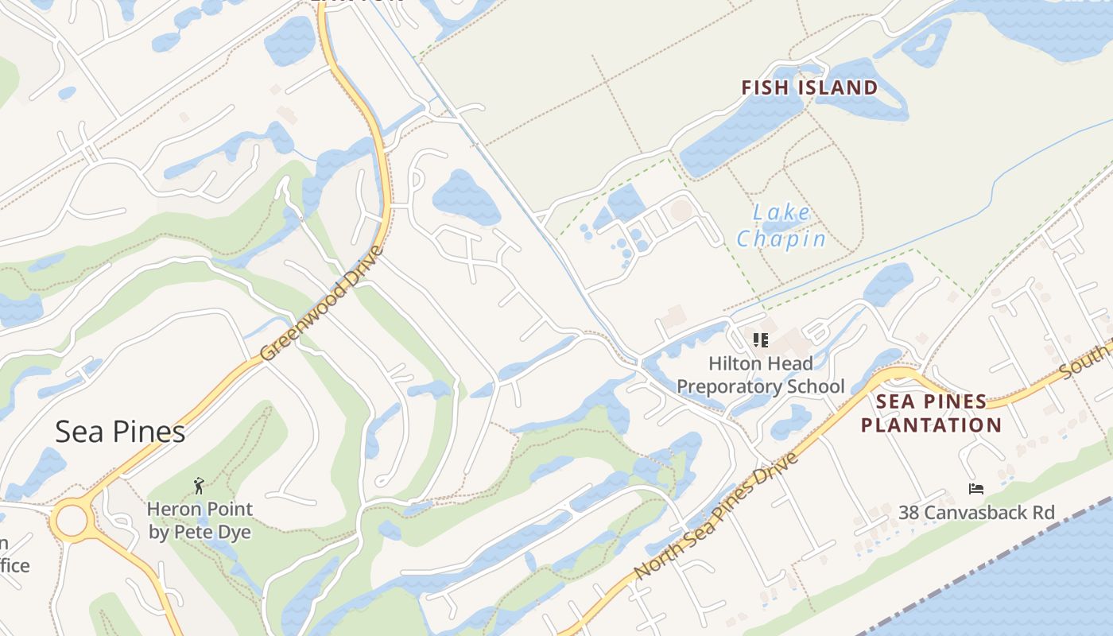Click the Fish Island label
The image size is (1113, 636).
pyautogui.click(x=809, y=87)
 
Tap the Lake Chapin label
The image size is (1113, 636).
pyautogui.click(x=781, y=226)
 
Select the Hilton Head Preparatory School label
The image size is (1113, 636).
pyautogui.click(x=761, y=375)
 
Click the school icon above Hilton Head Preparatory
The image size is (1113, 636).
pyautogui.click(x=761, y=340)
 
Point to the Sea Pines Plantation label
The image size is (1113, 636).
pyautogui.click(x=931, y=413)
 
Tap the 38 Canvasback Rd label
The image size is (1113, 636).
pyautogui.click(x=977, y=513)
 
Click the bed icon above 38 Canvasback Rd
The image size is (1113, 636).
pyautogui.click(x=976, y=488)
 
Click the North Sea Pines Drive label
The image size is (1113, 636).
pyautogui.click(x=715, y=517)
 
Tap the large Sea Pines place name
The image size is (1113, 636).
pyautogui.click(x=120, y=432)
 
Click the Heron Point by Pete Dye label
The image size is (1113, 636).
pyautogui.click(x=200, y=521)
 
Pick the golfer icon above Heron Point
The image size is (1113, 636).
pyautogui.click(x=199, y=485)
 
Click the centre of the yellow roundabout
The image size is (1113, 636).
pyautogui.click(x=71, y=522)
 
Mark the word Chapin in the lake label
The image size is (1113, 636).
pyautogui.click(x=781, y=238)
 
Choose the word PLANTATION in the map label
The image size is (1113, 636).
pyautogui.click(x=931, y=425)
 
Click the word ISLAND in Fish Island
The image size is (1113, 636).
pyautogui.click(x=840, y=87)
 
